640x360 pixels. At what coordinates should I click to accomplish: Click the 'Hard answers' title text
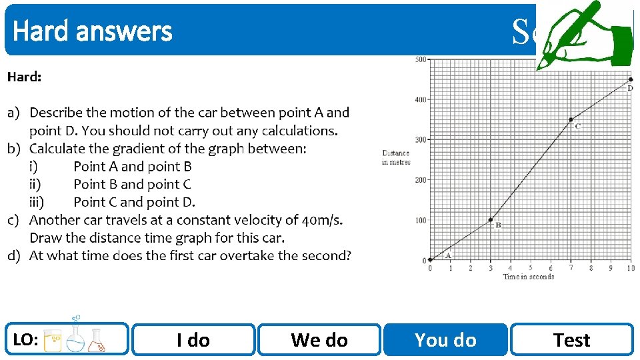[x=93, y=31]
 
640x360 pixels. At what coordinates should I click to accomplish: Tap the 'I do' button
[x=193, y=340]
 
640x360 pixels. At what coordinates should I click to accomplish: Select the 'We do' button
[x=319, y=340]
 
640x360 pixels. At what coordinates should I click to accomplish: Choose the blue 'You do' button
[x=445, y=340]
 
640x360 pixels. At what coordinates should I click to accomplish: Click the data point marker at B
[x=491, y=219]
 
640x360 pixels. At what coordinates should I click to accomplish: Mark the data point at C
[x=571, y=120]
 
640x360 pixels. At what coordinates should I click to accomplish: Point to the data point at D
[x=631, y=79]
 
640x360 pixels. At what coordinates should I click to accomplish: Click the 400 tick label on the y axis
[x=419, y=99]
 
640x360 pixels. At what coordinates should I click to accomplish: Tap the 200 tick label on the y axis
[x=419, y=180]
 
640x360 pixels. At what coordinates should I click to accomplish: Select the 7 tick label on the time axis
[x=571, y=268]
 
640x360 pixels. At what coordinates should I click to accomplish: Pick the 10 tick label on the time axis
[x=631, y=268]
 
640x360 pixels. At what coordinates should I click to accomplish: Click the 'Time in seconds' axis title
[x=529, y=277]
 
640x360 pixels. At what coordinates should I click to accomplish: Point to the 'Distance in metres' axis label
[x=396, y=158]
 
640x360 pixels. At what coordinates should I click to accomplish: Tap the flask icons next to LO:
[x=74, y=339]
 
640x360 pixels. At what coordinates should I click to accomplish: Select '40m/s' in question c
[x=319, y=220]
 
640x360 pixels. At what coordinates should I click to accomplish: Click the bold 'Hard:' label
[x=24, y=77]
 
